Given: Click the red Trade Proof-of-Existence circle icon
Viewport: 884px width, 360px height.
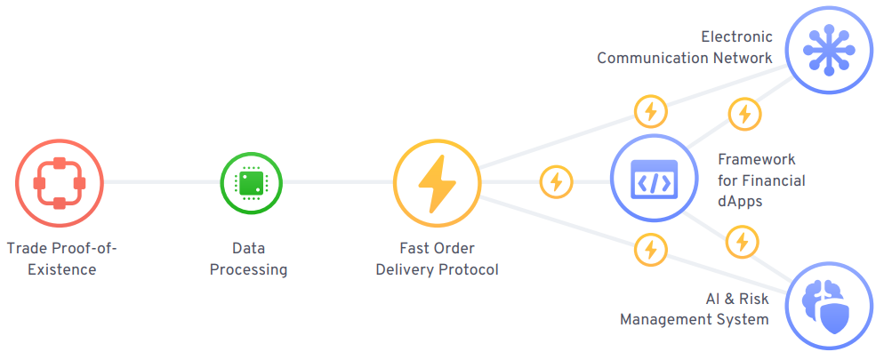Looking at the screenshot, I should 59,183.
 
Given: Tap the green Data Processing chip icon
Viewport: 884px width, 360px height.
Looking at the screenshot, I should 250,183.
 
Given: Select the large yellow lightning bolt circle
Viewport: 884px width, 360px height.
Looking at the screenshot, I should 437,183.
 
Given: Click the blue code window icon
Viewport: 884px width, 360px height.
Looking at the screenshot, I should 654,183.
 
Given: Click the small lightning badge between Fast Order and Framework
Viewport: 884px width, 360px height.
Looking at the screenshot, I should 557,182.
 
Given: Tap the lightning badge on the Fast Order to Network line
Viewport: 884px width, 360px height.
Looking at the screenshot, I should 650,112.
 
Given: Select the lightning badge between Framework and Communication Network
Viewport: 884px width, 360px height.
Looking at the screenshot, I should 743,114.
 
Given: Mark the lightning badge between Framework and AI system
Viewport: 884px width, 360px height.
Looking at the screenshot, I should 742,242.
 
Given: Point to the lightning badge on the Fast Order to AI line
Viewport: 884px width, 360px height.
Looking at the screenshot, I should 650,250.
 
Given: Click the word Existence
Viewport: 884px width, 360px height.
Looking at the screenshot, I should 60,269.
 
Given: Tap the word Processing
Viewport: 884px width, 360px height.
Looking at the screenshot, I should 249,269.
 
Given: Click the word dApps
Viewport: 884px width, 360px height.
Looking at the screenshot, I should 740,201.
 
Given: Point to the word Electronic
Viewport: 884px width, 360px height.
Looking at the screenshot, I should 736,37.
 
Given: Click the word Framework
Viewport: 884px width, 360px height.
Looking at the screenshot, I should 756,159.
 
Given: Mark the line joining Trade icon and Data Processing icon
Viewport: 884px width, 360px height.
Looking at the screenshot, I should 162,183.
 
